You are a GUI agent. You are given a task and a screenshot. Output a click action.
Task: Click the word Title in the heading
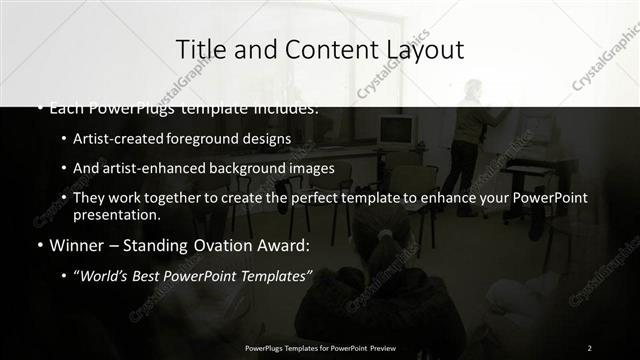tap(198, 48)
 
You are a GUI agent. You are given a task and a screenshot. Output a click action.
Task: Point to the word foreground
tap(205, 139)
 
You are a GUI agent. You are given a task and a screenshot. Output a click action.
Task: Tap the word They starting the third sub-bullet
tap(89, 198)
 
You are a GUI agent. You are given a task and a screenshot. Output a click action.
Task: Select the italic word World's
tap(106, 275)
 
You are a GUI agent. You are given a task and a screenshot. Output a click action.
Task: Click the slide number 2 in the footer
tap(590, 347)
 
